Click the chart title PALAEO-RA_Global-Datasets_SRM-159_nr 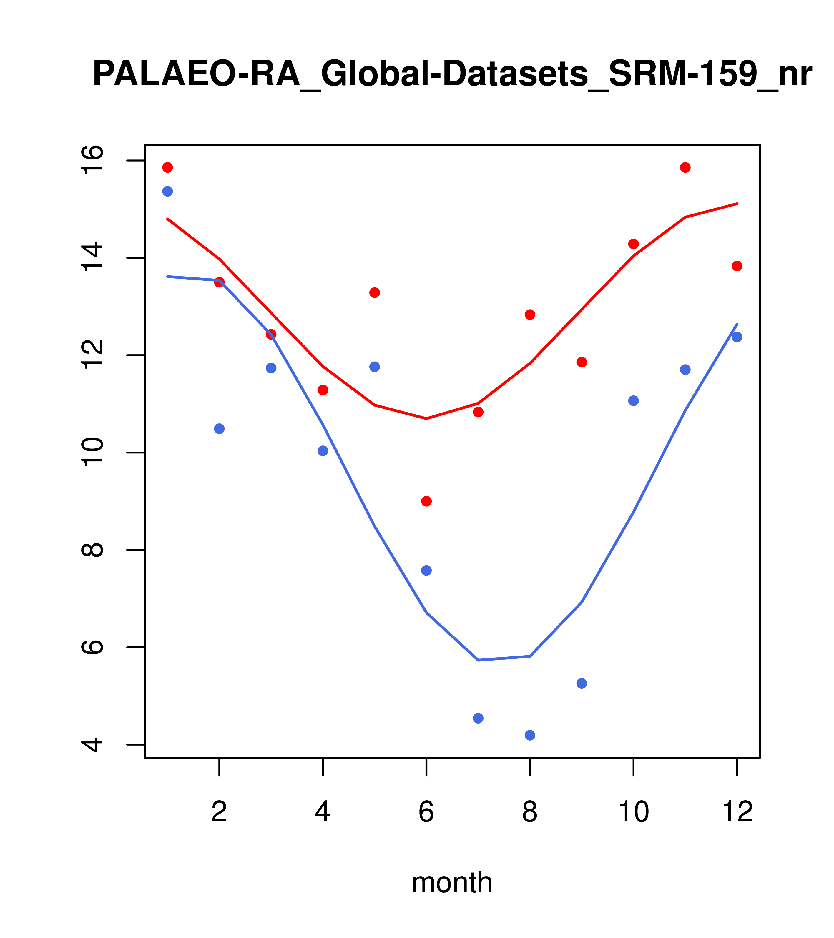[x=452, y=74]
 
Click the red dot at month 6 [x=426, y=501]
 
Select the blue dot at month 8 [x=530, y=735]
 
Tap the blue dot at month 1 [x=167, y=191]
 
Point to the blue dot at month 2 [x=220, y=429]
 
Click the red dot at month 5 [x=375, y=293]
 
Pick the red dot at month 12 [x=737, y=266]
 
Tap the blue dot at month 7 [x=478, y=718]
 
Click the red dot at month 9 [x=582, y=362]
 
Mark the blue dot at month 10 [x=633, y=401]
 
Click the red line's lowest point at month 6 [x=426, y=418]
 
